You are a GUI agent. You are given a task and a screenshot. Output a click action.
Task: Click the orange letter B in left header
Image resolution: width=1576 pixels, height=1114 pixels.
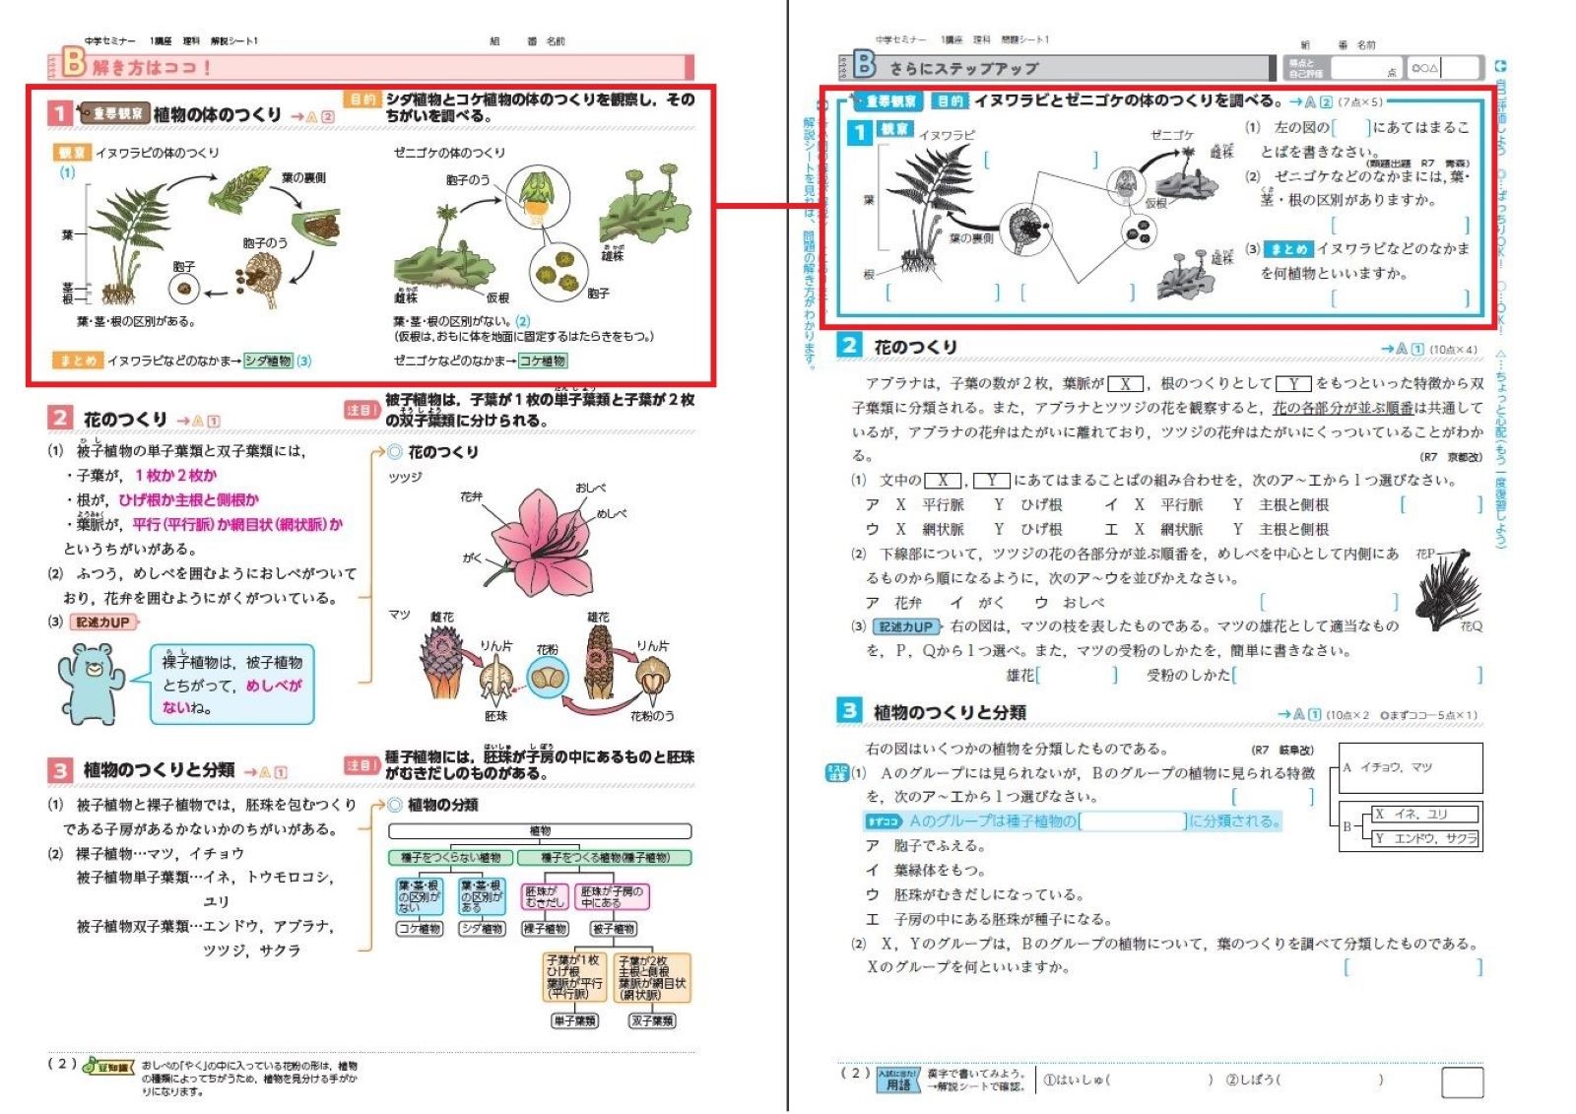tap(74, 62)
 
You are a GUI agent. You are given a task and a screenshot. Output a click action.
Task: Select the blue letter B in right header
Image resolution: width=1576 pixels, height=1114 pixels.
tap(864, 64)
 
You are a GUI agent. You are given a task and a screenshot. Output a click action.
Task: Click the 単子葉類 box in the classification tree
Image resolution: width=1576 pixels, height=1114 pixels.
tap(574, 1020)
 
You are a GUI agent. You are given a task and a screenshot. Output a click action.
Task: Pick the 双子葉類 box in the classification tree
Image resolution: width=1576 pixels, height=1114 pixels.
tap(652, 1020)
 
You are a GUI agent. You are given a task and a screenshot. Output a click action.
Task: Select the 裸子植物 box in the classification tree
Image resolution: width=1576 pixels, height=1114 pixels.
tap(545, 928)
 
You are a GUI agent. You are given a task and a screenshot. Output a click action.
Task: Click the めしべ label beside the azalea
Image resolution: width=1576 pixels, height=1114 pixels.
tap(611, 513)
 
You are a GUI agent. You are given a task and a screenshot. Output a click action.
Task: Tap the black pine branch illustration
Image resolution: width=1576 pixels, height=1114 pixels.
tap(1448, 591)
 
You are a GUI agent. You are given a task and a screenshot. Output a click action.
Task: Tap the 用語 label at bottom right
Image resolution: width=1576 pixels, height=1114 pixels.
tap(898, 1083)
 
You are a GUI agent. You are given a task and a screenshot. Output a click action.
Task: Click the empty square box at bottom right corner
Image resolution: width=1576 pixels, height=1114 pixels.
tap(1462, 1082)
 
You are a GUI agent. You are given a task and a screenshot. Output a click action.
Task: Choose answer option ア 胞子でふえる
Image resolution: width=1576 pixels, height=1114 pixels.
tap(924, 845)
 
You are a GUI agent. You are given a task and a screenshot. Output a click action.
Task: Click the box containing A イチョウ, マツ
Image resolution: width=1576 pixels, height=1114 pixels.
tap(1411, 767)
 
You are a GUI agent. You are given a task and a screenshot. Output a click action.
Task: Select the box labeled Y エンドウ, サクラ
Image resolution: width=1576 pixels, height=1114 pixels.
tap(1425, 838)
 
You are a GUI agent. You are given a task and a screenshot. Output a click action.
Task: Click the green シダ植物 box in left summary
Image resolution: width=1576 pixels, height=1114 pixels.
tap(268, 360)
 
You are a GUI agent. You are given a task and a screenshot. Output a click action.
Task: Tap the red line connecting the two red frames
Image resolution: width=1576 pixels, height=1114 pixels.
tap(766, 206)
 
